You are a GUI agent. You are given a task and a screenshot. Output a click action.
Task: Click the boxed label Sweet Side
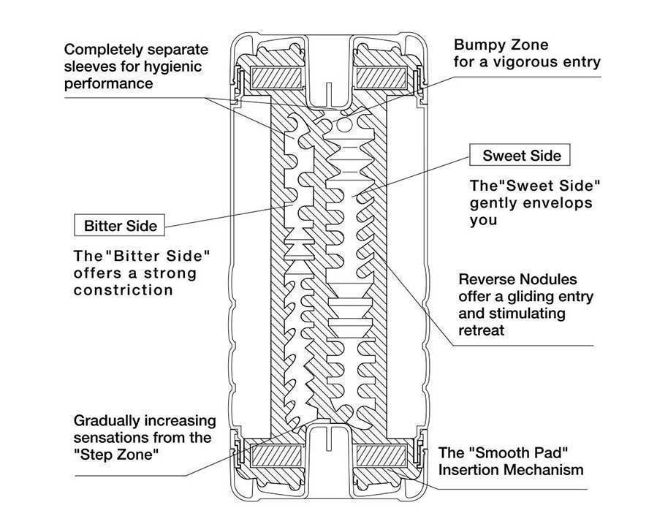tap(522, 156)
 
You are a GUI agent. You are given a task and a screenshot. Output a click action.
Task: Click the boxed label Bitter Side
tap(121, 225)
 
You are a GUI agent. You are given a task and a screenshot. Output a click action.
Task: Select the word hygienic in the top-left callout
tap(178, 67)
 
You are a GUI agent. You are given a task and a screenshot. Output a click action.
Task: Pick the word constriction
tap(124, 290)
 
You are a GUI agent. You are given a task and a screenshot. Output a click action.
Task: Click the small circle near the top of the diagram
tap(344, 125)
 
